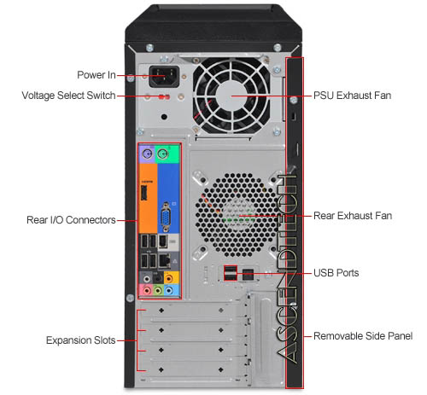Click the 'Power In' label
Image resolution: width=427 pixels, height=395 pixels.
(97, 75)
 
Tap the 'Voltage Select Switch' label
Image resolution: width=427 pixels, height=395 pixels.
(68, 96)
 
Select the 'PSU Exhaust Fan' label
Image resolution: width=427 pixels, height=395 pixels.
(352, 96)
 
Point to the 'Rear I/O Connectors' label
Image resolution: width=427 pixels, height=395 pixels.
(71, 220)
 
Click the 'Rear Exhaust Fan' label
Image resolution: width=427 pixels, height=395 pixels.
(353, 216)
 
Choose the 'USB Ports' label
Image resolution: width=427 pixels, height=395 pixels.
(336, 273)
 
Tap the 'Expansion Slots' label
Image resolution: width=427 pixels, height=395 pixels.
(81, 340)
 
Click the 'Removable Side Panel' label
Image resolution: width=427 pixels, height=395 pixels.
(363, 336)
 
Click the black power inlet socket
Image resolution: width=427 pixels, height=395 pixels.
(164, 76)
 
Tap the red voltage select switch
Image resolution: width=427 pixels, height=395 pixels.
(164, 97)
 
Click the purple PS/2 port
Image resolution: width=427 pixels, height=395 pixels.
(147, 154)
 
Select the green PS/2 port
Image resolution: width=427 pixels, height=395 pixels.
(162, 154)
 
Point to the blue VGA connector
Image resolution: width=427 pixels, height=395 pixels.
(166, 217)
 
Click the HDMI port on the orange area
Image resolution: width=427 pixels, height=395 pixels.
(144, 193)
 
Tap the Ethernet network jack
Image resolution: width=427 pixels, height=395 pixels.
(165, 260)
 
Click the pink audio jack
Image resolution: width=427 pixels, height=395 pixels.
(147, 291)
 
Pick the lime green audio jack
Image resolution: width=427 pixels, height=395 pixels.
(158, 291)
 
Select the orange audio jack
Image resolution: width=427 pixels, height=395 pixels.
(169, 278)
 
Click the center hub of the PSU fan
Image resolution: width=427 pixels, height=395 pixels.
(232, 96)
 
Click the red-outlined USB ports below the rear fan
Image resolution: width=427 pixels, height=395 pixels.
(231, 273)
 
